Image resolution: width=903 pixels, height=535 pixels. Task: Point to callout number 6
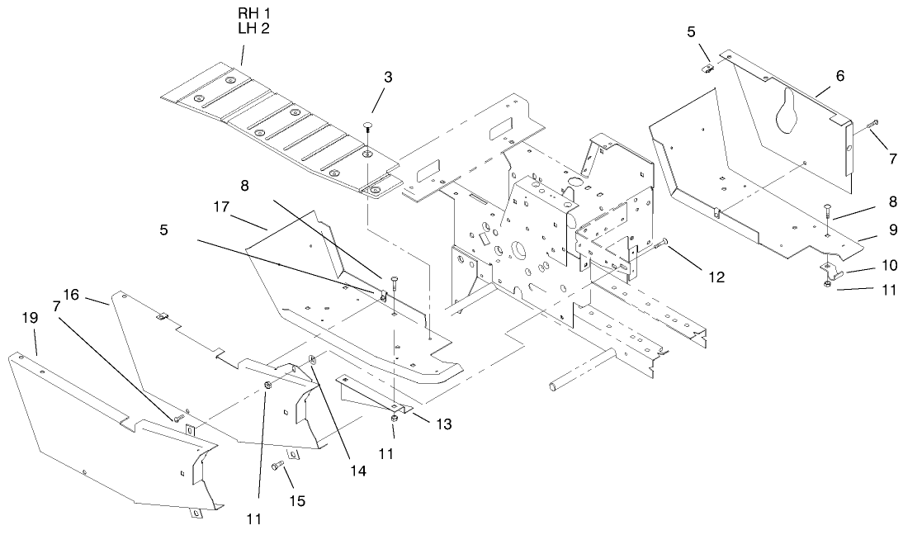pos(839,75)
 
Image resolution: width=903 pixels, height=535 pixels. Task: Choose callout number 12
pos(715,277)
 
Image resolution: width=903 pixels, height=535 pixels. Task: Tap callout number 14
pos(357,471)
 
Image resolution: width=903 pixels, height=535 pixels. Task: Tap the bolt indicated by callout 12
pos(660,244)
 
